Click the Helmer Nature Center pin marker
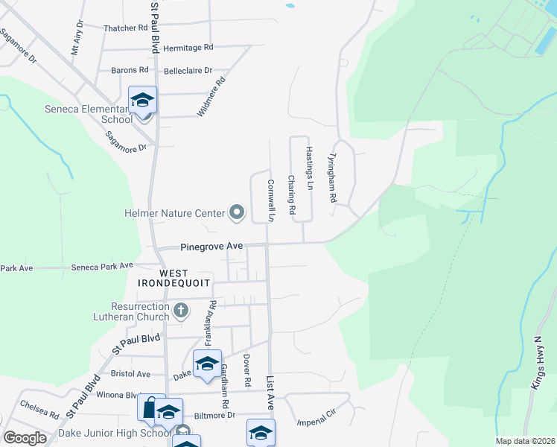(237, 213)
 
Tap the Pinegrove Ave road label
(211, 247)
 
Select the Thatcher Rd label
(126, 28)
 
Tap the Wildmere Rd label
(211, 98)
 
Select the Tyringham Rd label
(333, 180)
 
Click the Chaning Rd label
(292, 194)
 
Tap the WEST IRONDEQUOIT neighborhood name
(163, 278)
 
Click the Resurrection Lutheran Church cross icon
(179, 309)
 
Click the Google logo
(25, 437)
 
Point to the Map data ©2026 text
(524, 441)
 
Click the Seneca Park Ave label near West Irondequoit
(102, 266)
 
